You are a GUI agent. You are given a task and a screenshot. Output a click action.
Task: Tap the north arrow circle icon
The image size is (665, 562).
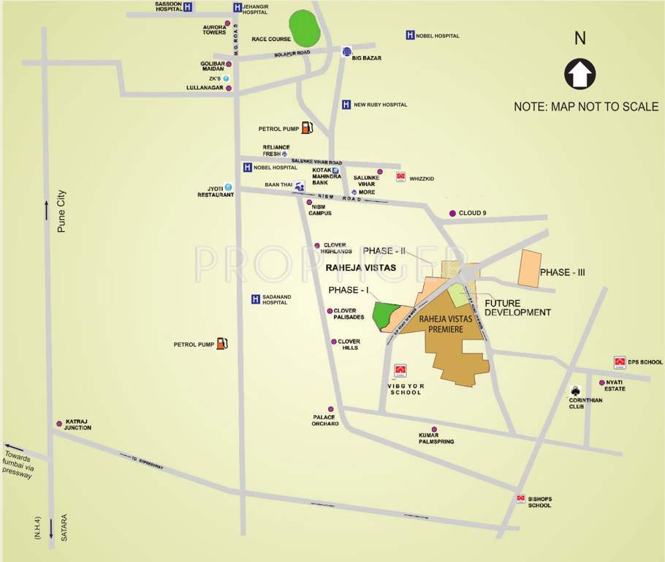coord(580,74)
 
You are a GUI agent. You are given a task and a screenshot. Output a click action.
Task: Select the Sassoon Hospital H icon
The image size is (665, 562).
coord(189,7)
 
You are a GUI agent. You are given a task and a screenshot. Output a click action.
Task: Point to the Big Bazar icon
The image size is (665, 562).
coord(346,51)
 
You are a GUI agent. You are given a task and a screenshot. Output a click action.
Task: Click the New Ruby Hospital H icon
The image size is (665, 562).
coord(346,105)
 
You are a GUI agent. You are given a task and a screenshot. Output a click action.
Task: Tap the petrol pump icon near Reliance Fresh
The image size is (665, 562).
coord(307,127)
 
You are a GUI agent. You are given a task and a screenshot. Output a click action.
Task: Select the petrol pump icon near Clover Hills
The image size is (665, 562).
coord(222,343)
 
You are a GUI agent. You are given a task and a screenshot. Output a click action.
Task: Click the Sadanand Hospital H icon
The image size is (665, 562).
coord(255,299)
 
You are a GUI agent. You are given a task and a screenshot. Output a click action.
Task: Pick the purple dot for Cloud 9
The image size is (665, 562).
coord(452,213)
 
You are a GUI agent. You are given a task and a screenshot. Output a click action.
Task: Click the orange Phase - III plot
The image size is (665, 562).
coord(530,268)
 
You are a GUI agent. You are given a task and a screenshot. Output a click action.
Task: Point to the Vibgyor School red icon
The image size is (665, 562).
coord(400,371)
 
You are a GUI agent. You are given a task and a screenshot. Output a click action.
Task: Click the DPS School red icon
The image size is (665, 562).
coord(620,362)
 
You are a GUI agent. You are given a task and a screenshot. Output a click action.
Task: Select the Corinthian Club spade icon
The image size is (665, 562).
coord(576,390)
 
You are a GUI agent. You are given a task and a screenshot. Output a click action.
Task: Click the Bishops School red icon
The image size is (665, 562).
coord(520,499)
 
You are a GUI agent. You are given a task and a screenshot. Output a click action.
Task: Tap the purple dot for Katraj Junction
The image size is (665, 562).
coord(59,424)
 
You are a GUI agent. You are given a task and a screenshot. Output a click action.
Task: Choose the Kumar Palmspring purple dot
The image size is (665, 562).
coord(434,430)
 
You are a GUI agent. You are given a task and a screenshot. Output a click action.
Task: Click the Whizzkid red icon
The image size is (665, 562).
coord(400,177)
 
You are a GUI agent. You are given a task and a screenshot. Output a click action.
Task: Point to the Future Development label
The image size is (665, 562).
coord(517,307)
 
